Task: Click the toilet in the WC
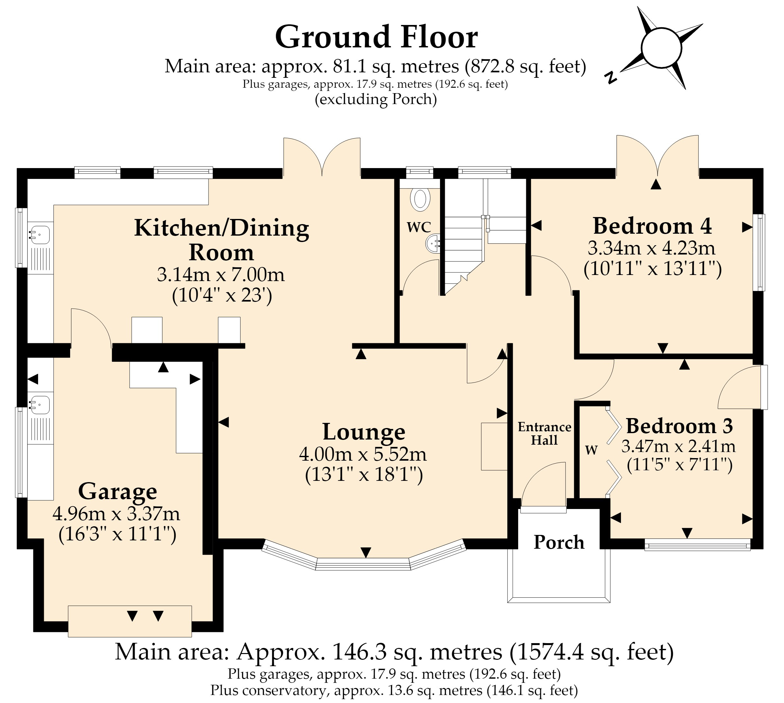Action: (x=420, y=199)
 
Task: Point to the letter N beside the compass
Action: (x=611, y=78)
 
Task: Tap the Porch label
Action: (x=559, y=542)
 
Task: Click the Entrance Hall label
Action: (x=544, y=433)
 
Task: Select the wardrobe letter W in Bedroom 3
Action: (x=592, y=449)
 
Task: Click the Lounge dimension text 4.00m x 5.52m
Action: (x=363, y=454)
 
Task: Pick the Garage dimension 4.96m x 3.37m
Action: (x=116, y=513)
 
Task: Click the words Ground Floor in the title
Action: (x=376, y=37)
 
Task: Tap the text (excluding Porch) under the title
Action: (x=376, y=99)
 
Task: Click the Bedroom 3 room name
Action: (x=679, y=426)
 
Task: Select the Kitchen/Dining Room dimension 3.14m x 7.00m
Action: (x=221, y=275)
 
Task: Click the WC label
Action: (x=419, y=227)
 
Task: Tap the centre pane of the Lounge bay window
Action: (x=363, y=564)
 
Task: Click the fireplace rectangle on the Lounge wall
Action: (x=494, y=447)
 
